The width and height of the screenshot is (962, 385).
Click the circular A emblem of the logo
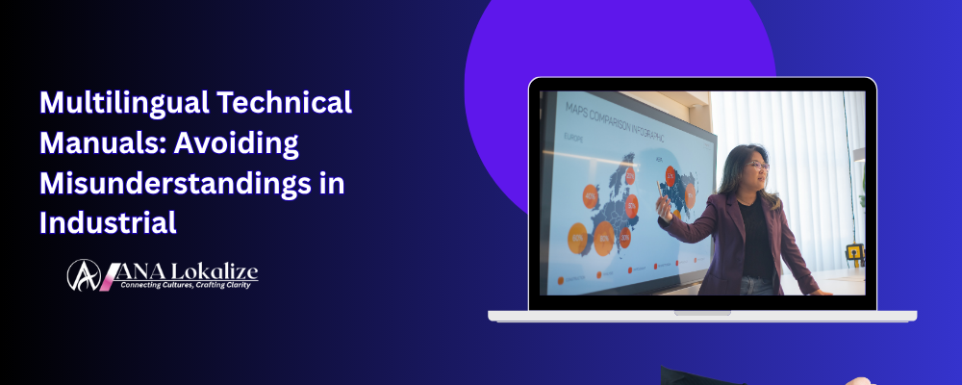click(x=84, y=275)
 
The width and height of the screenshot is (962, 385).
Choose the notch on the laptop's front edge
click(x=701, y=312)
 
